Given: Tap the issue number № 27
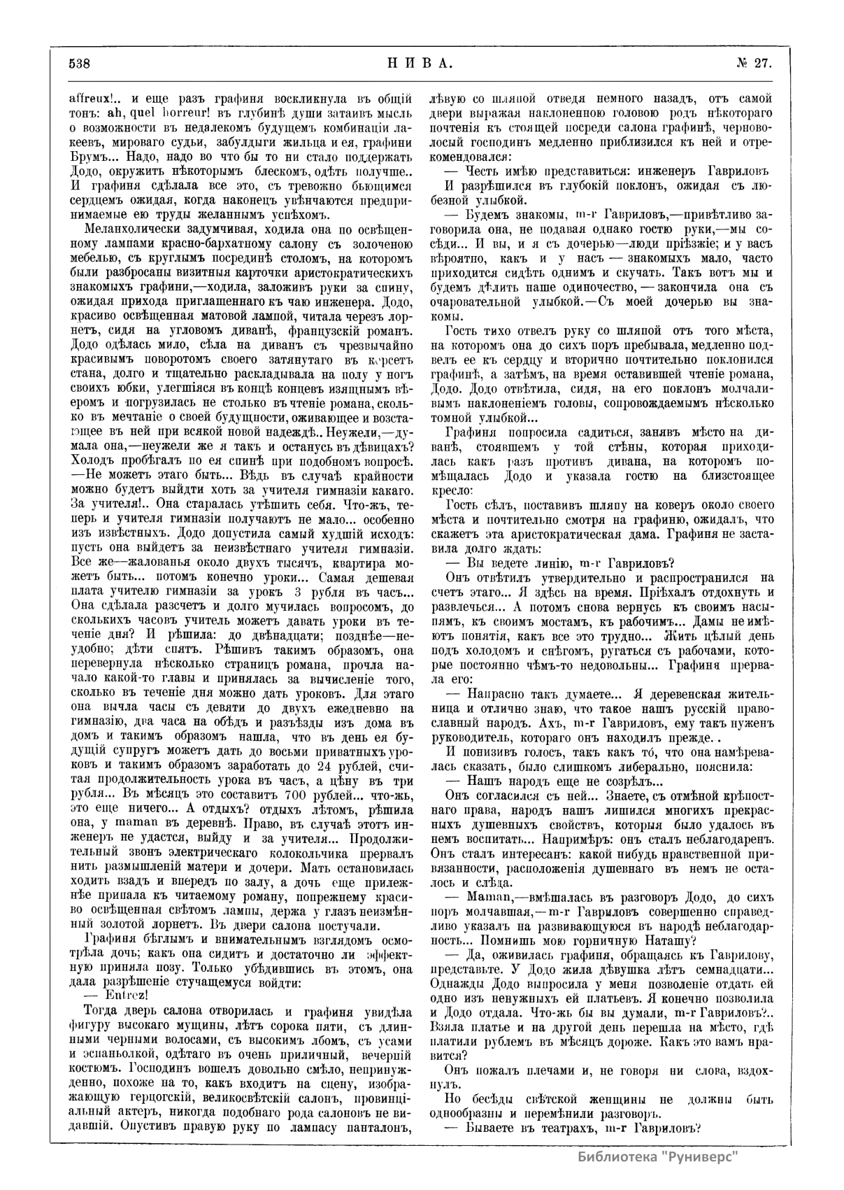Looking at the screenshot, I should pos(754,63).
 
